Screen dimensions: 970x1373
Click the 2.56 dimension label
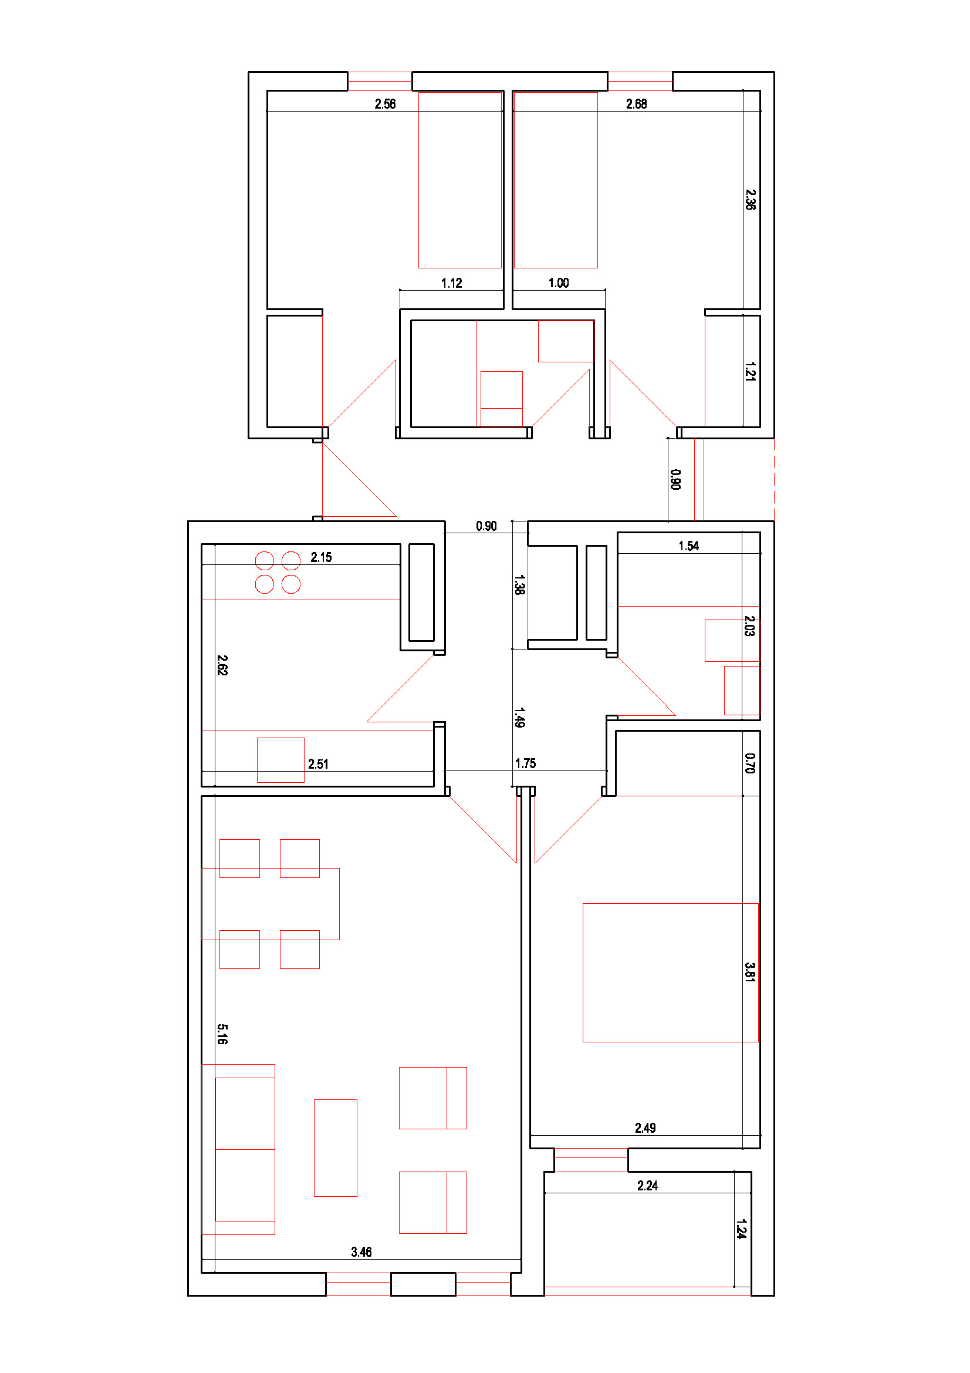(x=385, y=104)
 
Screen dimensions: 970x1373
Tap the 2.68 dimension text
(x=637, y=104)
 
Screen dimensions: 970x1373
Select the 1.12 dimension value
(x=451, y=283)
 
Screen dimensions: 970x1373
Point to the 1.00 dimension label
(x=559, y=283)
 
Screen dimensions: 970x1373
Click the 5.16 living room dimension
(x=222, y=1034)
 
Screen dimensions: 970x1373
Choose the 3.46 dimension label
(x=361, y=1251)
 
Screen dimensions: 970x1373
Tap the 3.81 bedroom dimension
(x=750, y=972)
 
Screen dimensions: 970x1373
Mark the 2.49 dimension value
(x=645, y=1128)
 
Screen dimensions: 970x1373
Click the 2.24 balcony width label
(x=647, y=1185)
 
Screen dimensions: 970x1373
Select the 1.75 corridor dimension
(x=525, y=763)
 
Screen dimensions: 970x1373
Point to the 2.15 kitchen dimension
(x=321, y=557)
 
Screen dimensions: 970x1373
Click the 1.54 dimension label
(x=688, y=546)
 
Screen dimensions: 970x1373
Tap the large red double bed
(x=671, y=972)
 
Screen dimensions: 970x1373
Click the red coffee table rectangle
(x=335, y=1147)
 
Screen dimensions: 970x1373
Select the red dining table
(x=271, y=904)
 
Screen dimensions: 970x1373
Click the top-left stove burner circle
(x=264, y=561)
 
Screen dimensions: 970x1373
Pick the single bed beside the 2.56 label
(x=459, y=180)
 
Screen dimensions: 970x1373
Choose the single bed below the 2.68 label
(x=556, y=180)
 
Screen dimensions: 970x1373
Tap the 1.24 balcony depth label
(x=741, y=1229)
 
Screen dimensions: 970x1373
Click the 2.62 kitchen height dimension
(x=222, y=665)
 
